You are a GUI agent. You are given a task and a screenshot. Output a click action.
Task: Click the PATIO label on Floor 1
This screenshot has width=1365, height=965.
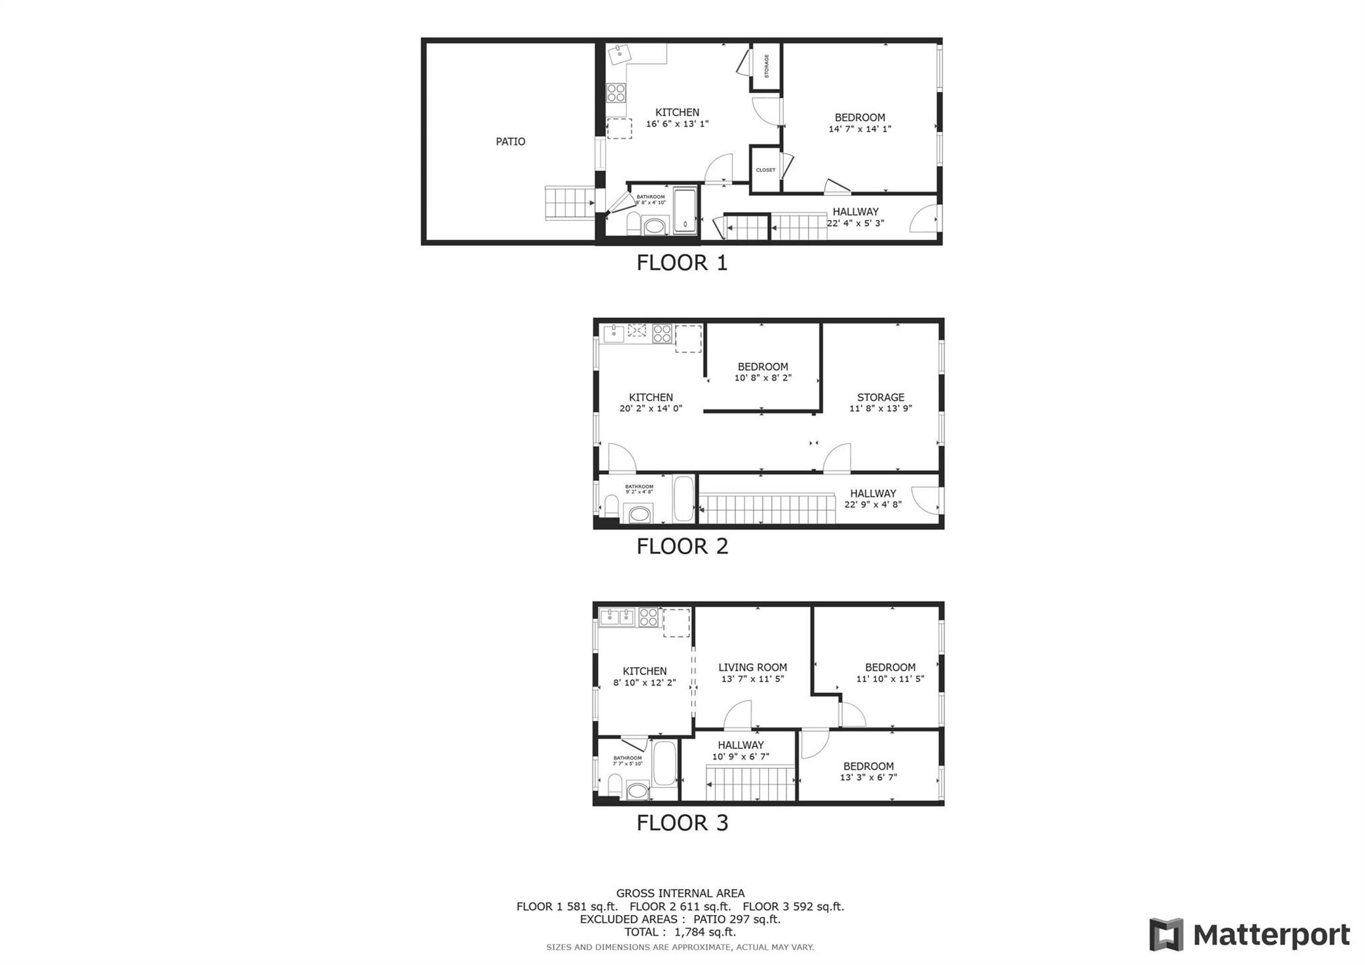(x=510, y=141)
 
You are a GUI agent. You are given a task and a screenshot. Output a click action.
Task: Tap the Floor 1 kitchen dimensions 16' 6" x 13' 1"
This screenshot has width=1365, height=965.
(x=677, y=123)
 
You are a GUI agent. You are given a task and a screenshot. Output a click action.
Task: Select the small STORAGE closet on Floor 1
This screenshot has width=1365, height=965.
(x=766, y=66)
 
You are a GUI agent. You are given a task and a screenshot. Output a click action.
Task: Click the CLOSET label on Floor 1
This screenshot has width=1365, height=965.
(x=765, y=170)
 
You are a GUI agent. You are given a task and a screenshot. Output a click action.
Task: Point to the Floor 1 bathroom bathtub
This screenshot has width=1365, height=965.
(x=684, y=211)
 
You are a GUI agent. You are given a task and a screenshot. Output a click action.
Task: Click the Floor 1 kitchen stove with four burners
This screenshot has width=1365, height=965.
(x=616, y=93)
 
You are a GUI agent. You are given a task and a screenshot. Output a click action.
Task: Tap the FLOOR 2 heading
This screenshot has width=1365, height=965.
(x=682, y=546)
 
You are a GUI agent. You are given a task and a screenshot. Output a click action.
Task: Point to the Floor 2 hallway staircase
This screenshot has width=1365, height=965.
(x=766, y=509)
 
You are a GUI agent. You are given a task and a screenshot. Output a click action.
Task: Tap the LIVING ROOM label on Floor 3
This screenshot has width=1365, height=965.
(x=752, y=667)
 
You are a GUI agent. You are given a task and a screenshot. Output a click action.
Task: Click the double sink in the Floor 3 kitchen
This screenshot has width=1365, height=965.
(x=617, y=618)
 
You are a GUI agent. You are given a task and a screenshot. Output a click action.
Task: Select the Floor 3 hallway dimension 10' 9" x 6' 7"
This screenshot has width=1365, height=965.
(x=740, y=757)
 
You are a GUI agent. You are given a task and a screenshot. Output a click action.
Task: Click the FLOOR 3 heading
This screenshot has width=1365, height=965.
(x=682, y=822)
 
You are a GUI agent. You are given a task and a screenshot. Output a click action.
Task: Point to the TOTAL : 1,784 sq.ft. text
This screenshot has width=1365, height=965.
(x=680, y=932)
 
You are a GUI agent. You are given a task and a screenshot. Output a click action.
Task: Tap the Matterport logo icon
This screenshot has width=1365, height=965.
(x=1166, y=934)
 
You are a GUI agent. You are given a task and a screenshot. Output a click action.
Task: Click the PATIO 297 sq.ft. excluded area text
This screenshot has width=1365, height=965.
(x=736, y=919)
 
